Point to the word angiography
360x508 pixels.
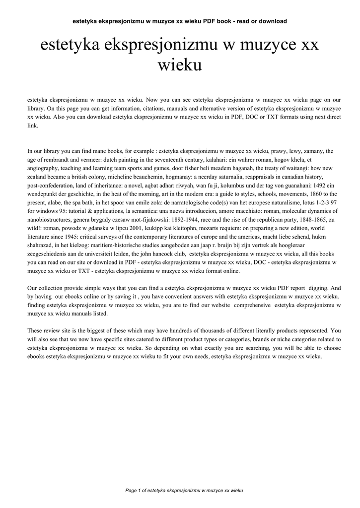43,168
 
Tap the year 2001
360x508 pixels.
125,229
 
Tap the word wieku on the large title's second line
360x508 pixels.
180,65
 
